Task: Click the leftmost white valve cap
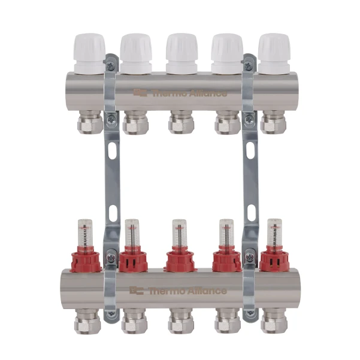(x=90, y=53)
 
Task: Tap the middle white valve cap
(x=181, y=53)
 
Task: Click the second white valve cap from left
(x=136, y=53)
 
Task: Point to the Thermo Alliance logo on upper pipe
(x=180, y=93)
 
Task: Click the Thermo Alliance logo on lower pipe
(x=178, y=291)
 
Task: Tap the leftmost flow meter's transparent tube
(x=86, y=232)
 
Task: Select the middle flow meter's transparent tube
(x=179, y=232)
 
